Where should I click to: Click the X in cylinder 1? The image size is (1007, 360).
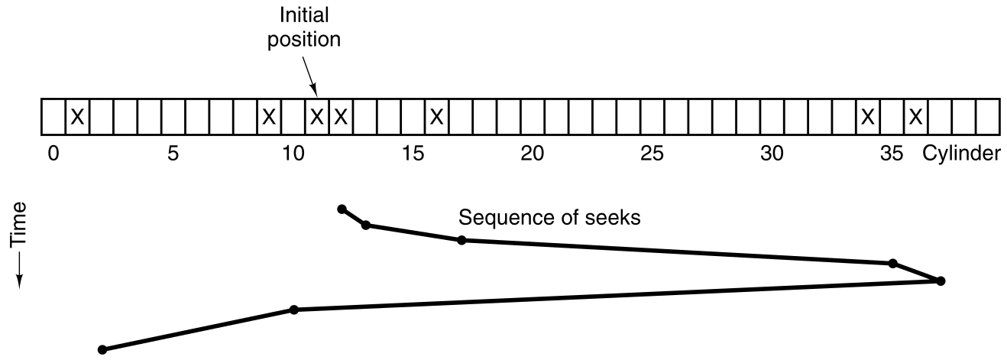[x=76, y=117]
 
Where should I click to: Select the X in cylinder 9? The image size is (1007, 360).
[x=268, y=117]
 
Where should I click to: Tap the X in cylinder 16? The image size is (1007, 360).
[x=436, y=117]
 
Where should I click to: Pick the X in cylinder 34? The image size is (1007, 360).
[x=867, y=117]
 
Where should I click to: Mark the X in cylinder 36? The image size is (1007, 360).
[x=915, y=117]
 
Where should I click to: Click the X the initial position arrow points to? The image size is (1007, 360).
[x=316, y=117]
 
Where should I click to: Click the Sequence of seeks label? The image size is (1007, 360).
[x=549, y=219]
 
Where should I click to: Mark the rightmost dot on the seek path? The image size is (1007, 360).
[x=941, y=281]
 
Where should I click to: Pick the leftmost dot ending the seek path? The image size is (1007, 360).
[x=102, y=350]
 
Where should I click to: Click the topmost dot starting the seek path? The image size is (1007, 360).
[x=342, y=209]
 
